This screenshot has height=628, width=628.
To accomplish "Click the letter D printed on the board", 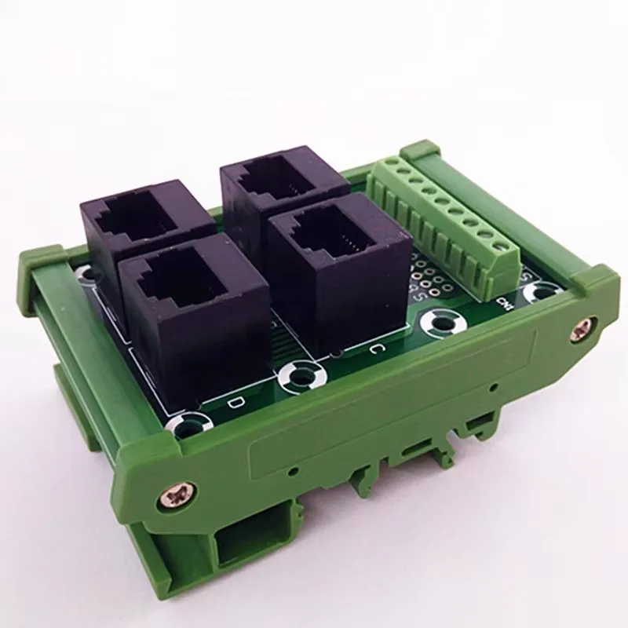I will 232,403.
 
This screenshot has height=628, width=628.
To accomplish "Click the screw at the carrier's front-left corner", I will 175,494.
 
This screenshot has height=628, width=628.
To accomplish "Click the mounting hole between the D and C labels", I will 298,377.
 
